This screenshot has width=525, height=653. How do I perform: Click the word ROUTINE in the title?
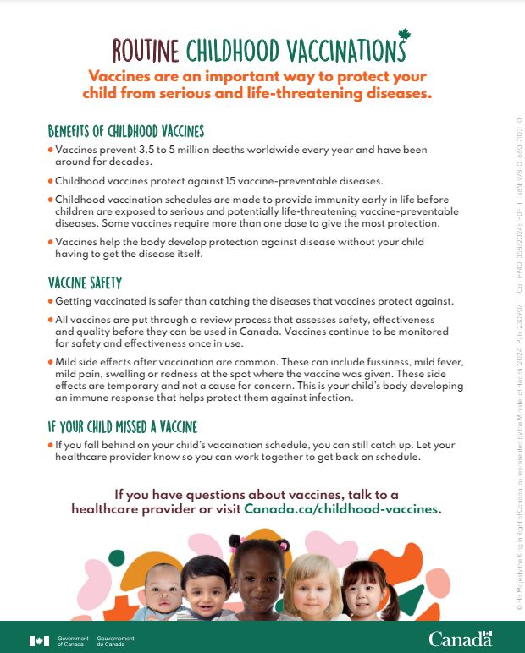pos(145,51)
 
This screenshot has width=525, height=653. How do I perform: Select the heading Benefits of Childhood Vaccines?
pos(125,132)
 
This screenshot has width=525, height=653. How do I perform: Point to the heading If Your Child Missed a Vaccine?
pos(122,427)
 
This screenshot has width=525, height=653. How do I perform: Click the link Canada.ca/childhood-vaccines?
pos(342,509)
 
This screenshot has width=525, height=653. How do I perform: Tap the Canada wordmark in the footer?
pos(460,638)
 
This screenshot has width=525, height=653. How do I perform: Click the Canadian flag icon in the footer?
pos(39,641)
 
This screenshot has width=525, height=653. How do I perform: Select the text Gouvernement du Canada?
pos(115,641)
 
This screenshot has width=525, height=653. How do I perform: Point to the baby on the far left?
pos(160,590)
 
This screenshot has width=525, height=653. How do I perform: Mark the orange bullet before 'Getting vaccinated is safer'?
pos(51,302)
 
